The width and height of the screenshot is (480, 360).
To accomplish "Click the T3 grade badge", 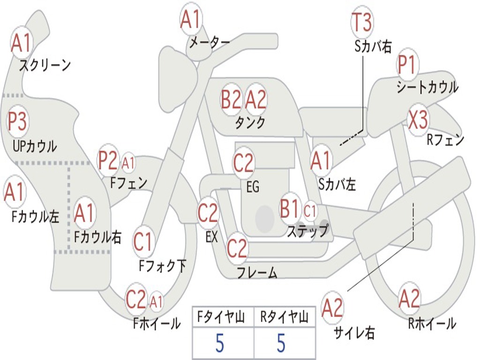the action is [362, 22].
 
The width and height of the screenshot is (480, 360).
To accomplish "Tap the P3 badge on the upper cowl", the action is [17, 120].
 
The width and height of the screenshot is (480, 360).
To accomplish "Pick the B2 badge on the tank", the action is [231, 99].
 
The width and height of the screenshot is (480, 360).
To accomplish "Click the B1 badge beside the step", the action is [289, 209].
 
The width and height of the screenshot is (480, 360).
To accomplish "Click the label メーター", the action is [210, 43].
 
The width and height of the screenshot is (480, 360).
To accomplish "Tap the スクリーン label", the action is [45, 65].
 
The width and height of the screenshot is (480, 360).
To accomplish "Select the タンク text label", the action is [250, 122].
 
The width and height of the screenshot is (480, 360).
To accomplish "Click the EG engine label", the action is [253, 187].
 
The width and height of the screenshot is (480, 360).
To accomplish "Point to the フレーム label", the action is [257, 272].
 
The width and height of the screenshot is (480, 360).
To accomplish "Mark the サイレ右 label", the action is [354, 333].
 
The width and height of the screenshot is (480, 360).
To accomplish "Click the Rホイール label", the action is [432, 323].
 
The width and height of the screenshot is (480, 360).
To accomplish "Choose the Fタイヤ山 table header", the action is [221, 317].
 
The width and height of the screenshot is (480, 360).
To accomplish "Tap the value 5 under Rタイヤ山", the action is [281, 343].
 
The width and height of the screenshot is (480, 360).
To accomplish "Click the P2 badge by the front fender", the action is [107, 160].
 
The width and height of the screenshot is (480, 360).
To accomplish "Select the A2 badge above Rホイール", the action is [409, 299].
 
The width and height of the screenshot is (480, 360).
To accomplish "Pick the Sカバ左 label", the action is [337, 184].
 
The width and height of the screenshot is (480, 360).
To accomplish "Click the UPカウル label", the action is [35, 146].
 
